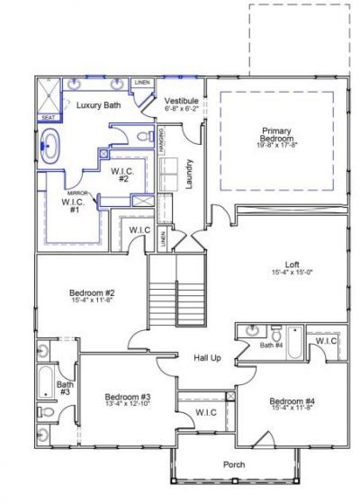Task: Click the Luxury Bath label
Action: (99, 105)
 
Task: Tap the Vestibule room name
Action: (181, 100)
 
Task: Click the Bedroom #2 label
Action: (90, 292)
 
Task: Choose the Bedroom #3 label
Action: (127, 397)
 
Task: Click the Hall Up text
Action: (208, 358)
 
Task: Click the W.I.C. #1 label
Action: (71, 205)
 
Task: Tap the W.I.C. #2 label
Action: (122, 175)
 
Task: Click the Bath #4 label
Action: (271, 345)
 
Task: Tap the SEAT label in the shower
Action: (48, 117)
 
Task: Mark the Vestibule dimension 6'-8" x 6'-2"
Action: (181, 109)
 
